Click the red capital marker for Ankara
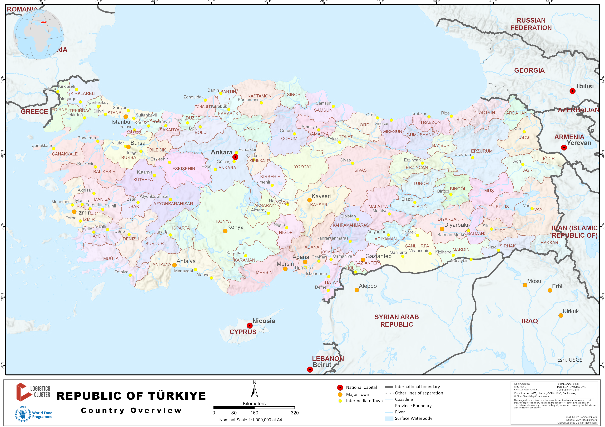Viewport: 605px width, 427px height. pos(235,157)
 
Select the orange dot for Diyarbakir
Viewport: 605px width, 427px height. pos(442,229)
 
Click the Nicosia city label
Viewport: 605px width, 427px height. pos(264,321)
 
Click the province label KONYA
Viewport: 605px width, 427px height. pos(224,221)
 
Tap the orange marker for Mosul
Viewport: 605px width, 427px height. pos(525,285)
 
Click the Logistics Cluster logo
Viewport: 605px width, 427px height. pos(33,392)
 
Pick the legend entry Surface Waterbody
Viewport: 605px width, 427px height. pos(413,418)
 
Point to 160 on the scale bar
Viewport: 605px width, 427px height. pos(254,413)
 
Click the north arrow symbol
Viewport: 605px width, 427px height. pos(254,391)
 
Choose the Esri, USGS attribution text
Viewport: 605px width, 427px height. pos(569,360)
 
